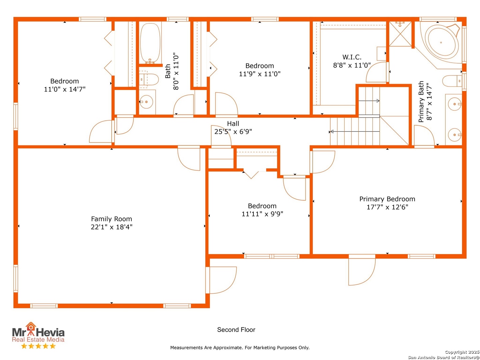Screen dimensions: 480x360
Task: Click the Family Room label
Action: tap(111, 219)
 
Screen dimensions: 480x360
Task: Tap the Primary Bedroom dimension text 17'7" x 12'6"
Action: tap(387, 207)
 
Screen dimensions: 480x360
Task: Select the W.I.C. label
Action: tap(352, 57)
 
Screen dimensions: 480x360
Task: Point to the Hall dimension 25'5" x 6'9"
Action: tap(233, 132)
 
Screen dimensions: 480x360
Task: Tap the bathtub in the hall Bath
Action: tap(150, 43)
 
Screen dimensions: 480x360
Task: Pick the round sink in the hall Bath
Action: tap(146, 102)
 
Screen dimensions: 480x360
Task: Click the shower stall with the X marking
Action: tap(400, 34)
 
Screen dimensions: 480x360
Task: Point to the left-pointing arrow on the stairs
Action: tap(354, 132)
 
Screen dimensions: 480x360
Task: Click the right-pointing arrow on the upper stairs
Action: tap(369, 101)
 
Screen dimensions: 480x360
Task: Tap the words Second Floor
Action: tap(236, 330)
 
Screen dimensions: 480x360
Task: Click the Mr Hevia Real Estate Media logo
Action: tap(38, 335)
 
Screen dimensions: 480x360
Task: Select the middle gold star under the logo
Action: tap(38, 346)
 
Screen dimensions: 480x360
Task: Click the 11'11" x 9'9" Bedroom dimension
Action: tap(262, 214)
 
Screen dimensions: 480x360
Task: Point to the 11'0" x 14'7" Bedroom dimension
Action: tap(65, 89)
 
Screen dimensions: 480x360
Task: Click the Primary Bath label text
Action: tap(421, 102)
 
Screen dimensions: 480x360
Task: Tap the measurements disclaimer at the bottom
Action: tap(240, 348)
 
